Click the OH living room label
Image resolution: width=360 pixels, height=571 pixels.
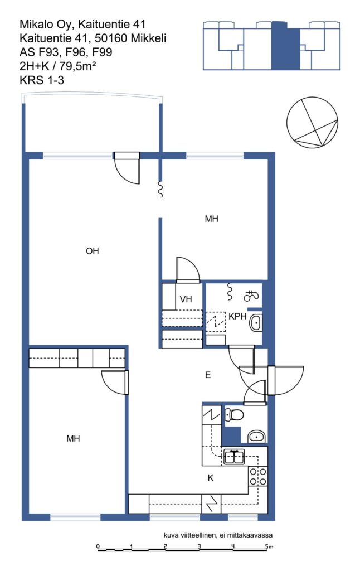point(92,251)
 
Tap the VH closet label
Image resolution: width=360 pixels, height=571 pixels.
point(186,299)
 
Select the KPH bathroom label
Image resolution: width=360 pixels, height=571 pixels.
point(237,316)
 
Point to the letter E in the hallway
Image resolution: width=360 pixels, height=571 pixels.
point(208,375)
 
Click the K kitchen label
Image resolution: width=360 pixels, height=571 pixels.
point(211,478)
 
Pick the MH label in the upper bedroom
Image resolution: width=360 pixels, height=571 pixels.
point(212,219)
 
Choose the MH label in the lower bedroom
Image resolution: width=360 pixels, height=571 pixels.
point(73,438)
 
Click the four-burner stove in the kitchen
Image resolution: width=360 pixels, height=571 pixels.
point(258,477)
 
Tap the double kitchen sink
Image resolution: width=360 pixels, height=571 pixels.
point(234,457)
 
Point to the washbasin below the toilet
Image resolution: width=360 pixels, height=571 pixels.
point(257,436)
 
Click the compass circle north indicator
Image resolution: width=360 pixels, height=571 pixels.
point(312,122)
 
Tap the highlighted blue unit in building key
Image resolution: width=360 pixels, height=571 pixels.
point(285,46)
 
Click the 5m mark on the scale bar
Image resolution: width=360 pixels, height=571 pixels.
point(268,546)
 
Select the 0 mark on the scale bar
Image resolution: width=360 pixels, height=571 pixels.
point(98,546)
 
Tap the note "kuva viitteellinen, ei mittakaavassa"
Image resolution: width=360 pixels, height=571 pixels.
point(218,535)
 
